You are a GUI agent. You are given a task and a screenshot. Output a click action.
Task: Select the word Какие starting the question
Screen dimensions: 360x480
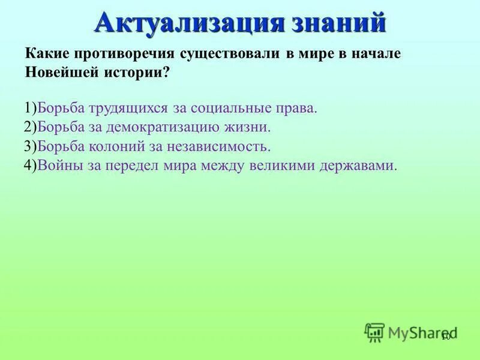point(47,53)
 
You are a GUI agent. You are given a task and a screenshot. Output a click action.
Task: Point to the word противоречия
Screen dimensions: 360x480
point(124,53)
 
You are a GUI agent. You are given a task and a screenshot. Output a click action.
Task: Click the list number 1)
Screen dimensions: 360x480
point(31,109)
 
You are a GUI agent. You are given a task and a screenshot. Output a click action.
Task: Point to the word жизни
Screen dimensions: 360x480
point(251,127)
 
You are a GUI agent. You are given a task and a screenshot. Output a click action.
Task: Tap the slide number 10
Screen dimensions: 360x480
point(445,338)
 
